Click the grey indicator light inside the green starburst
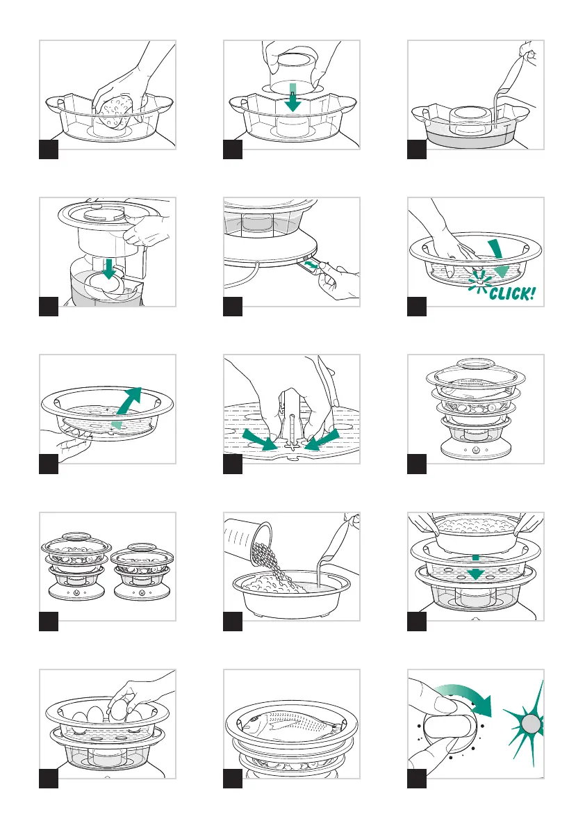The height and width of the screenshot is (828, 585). pyautogui.click(x=532, y=724)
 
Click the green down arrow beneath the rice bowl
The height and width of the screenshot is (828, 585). pyautogui.click(x=476, y=568)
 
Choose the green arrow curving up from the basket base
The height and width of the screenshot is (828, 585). pyautogui.click(x=127, y=406)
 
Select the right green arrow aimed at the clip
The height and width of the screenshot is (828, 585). pyautogui.click(x=322, y=440)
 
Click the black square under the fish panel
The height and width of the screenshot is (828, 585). pyautogui.click(x=233, y=779)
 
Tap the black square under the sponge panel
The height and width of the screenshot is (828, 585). pyautogui.click(x=49, y=149)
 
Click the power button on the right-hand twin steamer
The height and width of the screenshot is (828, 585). pyautogui.click(x=141, y=592)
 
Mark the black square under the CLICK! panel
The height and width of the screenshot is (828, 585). pyautogui.click(x=417, y=307)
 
